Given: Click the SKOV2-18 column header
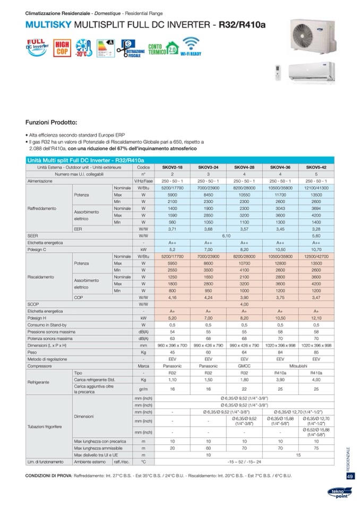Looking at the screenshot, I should click(172, 167).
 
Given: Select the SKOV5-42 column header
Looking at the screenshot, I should click(316, 167).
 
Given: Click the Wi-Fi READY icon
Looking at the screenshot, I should click(191, 47).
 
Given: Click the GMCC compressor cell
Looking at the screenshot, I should click(244, 366).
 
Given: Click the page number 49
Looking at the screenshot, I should click(350, 476).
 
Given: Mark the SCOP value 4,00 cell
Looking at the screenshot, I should click(244, 305).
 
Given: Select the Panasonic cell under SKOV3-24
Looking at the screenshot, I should click(208, 366).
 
